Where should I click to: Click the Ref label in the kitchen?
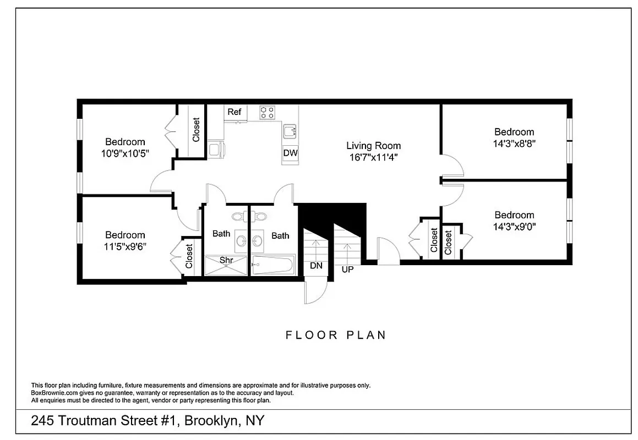(235, 112)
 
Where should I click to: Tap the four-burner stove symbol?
(268, 112)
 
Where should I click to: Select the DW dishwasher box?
(290, 153)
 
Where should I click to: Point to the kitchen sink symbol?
(290, 132)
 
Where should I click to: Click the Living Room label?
(373, 146)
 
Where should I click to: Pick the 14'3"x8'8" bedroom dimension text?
(514, 143)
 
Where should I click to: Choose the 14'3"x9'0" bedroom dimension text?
(514, 226)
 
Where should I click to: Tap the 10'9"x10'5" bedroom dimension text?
(125, 153)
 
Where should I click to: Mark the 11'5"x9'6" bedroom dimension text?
(125, 246)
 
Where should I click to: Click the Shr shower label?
(226, 260)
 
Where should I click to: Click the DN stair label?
(316, 266)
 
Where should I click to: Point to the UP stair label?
(348, 269)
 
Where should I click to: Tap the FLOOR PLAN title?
(336, 335)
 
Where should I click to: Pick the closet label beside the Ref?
(196, 130)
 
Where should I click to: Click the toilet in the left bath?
(240, 216)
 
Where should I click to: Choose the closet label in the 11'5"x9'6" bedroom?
(189, 256)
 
